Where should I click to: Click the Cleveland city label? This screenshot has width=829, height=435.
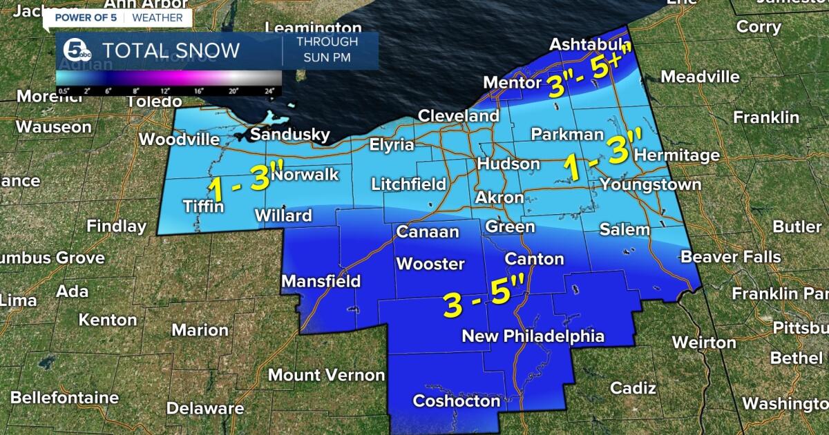pos(458,115)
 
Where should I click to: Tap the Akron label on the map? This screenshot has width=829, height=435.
pos(499,197)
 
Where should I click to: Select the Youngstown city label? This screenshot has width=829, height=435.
pos(650,184)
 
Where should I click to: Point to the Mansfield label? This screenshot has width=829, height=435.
pos(321,281)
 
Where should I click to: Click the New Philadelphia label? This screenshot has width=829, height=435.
pos(533,336)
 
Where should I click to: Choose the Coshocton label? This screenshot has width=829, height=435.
pos(456,400)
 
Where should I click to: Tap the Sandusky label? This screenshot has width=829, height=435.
pos(289,135)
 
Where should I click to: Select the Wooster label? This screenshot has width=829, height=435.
pos(430,264)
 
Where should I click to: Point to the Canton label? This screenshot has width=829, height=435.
pos(534,259)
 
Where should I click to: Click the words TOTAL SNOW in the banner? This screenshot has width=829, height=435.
pos(171,50)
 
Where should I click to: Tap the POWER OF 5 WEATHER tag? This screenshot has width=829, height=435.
pos(118,17)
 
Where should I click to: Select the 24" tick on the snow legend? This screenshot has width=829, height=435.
pos(269,90)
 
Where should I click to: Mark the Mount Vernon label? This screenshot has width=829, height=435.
pos(326,375)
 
